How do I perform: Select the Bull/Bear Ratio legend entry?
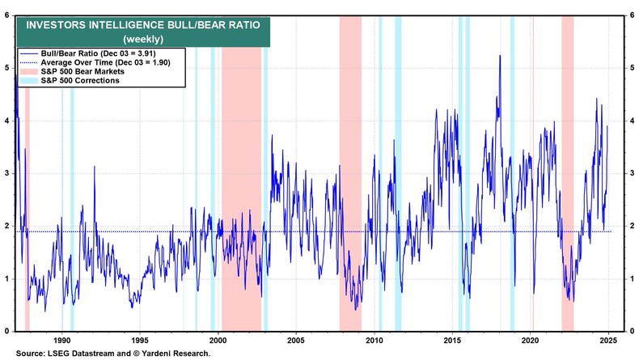pyautogui.click(x=110, y=52)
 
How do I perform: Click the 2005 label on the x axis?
pyautogui.click(x=295, y=340)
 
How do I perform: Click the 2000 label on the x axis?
pyautogui.click(x=218, y=340)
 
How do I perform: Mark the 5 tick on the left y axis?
pyautogui.click(x=8, y=67)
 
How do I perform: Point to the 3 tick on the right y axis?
pyautogui.click(x=629, y=173)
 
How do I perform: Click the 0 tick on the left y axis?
pyautogui.click(x=8, y=331)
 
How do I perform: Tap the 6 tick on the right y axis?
pyautogui.click(x=629, y=15)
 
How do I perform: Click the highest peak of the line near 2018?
pyautogui.click(x=499, y=55)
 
